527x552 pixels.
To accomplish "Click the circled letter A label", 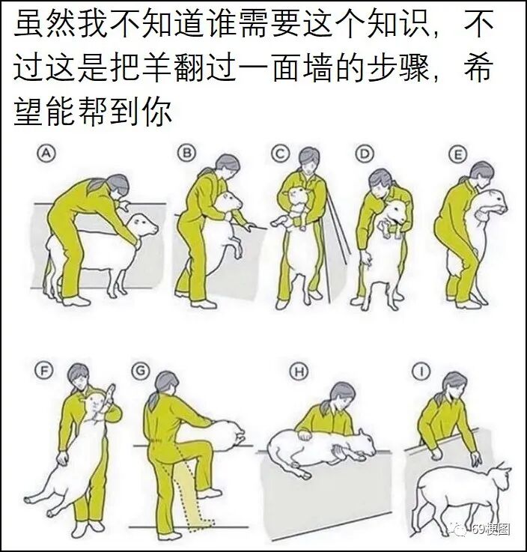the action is (47, 154).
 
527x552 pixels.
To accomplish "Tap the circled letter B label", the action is (186, 153).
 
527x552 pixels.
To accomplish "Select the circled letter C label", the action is (280, 154).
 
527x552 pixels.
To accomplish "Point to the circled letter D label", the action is (364, 154).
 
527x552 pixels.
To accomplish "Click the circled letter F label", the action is (43, 371).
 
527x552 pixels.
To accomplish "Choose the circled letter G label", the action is (140, 371).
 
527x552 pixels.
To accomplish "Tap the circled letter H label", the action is (299, 371).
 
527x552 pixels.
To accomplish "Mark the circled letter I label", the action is (421, 371).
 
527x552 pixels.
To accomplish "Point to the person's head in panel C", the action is (309, 160).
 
